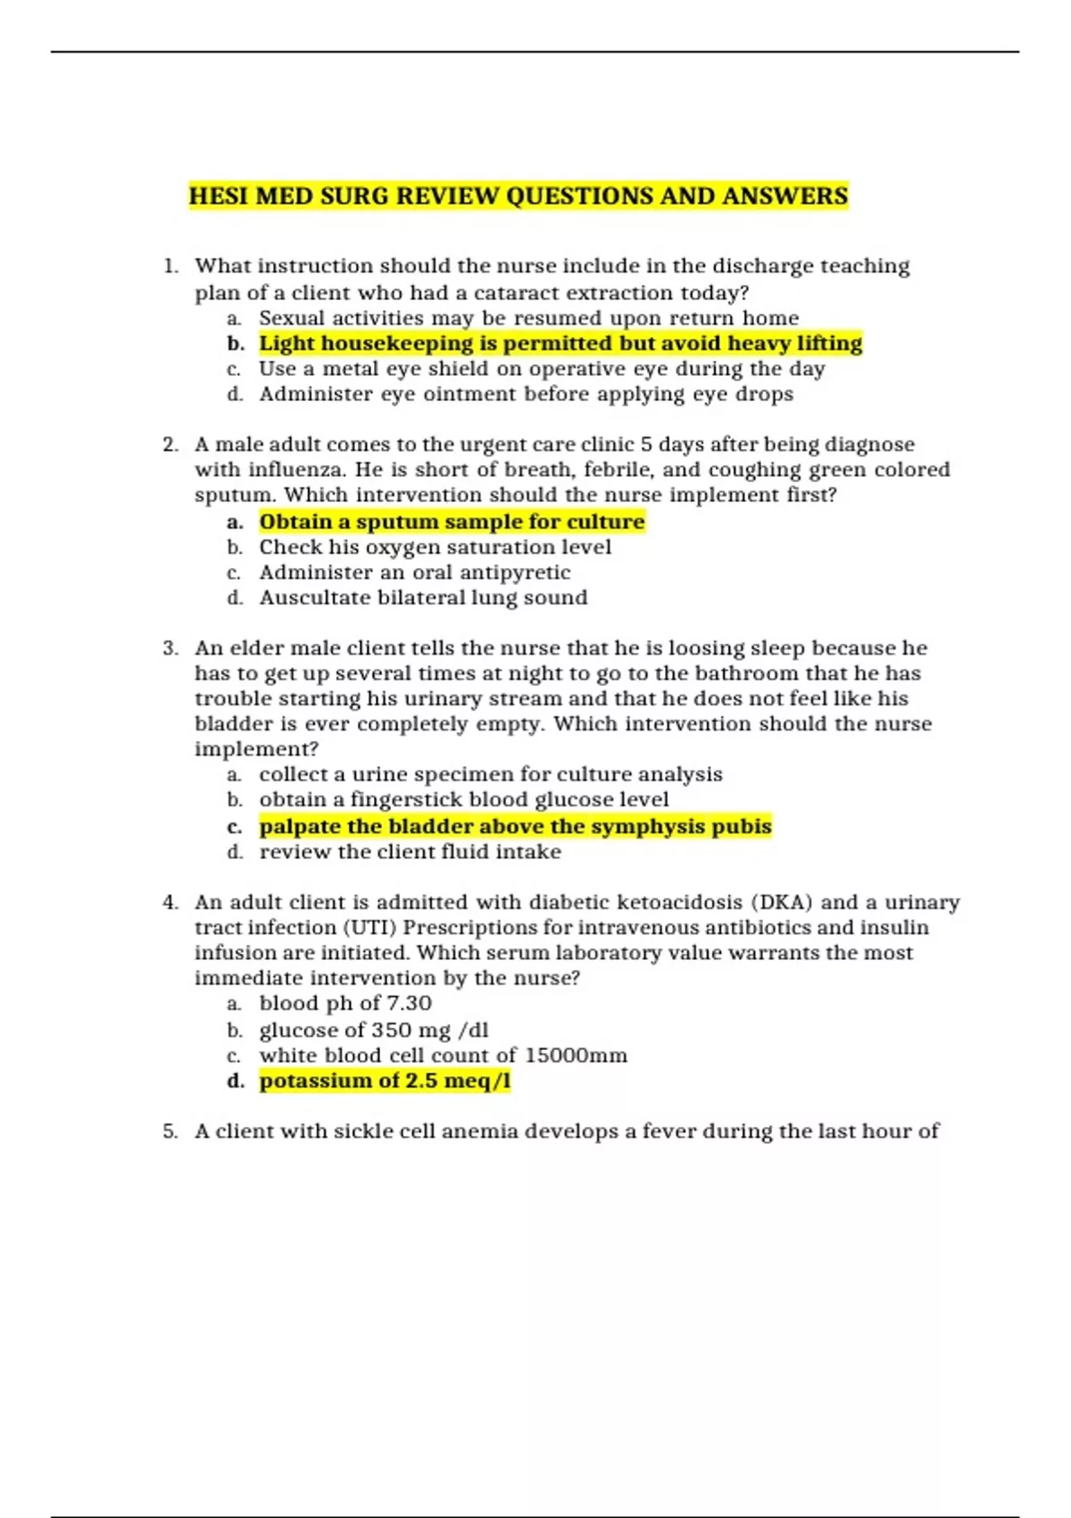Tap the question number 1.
(170, 266)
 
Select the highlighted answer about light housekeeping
(560, 344)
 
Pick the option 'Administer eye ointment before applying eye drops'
(526, 394)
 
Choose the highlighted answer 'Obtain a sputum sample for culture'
(452, 521)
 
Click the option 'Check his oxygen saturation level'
(435, 546)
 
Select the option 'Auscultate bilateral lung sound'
(423, 597)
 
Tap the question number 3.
(170, 648)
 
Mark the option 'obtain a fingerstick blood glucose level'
(463, 799)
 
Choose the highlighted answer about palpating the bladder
(515, 826)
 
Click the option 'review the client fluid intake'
(410, 852)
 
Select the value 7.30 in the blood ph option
(409, 1004)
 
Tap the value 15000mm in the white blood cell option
(576, 1055)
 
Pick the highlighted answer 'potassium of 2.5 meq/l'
(385, 1081)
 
